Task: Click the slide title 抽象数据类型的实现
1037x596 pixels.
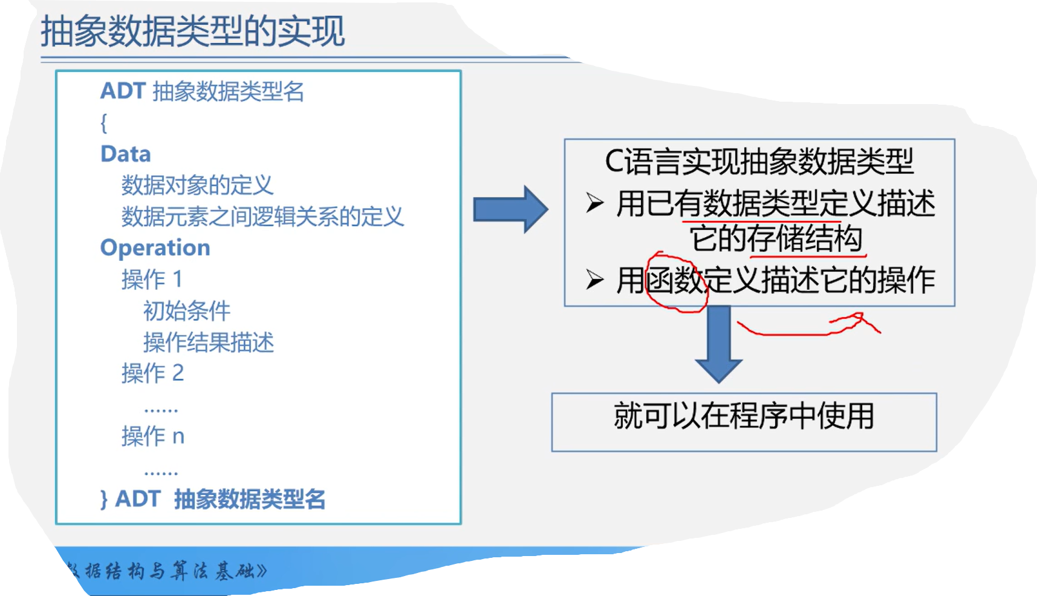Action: click(x=192, y=31)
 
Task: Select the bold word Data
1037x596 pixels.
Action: click(x=125, y=154)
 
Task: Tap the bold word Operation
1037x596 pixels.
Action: click(x=155, y=248)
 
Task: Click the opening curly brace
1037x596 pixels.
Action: click(x=104, y=123)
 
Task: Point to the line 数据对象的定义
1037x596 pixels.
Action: click(x=197, y=186)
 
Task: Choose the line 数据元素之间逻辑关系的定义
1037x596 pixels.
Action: click(x=262, y=217)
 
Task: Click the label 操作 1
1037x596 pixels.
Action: click(x=152, y=280)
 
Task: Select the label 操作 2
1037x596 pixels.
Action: click(x=152, y=373)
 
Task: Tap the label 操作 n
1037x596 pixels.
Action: click(x=152, y=436)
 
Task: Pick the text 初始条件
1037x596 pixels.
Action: click(x=187, y=311)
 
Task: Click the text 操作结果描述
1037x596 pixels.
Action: click(x=209, y=342)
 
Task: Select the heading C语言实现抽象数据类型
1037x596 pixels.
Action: click(x=759, y=162)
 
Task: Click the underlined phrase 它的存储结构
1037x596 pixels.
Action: click(x=776, y=238)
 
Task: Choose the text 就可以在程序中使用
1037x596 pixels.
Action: click(x=744, y=417)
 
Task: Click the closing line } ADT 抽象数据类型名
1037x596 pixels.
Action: click(x=213, y=499)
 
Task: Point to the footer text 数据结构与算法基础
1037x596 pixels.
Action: click(x=166, y=571)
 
